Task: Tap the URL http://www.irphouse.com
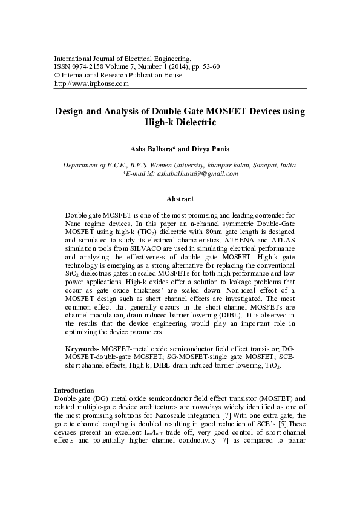click(x=91, y=84)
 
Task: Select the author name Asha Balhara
click(x=147, y=149)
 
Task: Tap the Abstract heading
click(x=180, y=199)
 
